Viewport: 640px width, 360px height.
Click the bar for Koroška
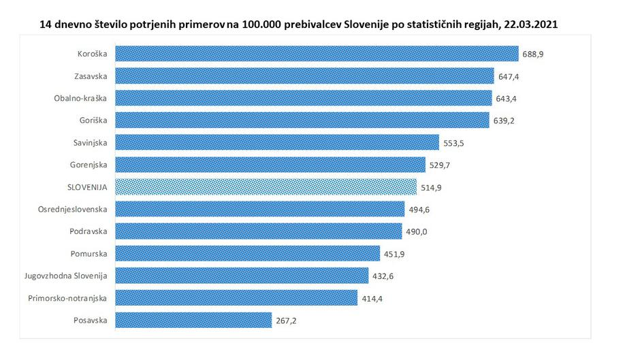[x=317, y=54]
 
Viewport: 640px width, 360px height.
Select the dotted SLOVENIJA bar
[x=266, y=186]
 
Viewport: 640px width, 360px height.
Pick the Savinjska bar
[x=277, y=142]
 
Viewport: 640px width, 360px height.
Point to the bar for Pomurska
[x=247, y=253]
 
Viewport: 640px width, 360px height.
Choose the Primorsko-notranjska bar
[x=236, y=297]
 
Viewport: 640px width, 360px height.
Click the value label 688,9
[x=532, y=54]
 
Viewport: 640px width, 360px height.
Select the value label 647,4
[x=508, y=76]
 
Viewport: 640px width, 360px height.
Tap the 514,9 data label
[x=430, y=187]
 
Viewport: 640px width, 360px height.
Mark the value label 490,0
[x=415, y=231]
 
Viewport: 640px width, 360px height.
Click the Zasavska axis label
[x=91, y=76]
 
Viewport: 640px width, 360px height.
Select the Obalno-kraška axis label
[x=81, y=98]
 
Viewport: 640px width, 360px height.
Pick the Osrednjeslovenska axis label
[x=73, y=209]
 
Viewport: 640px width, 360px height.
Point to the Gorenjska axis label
[x=89, y=165]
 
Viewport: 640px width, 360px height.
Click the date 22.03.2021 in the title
[x=533, y=24]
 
